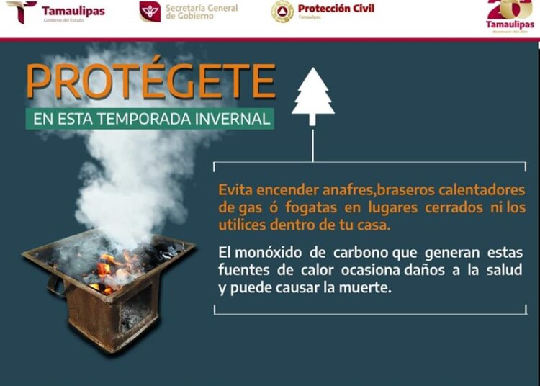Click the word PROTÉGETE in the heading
pyautogui.click(x=150, y=81)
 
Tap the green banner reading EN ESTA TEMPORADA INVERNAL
pyautogui.click(x=150, y=118)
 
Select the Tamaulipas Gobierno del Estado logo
pyautogui.click(x=22, y=12)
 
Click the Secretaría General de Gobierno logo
pyautogui.click(x=150, y=12)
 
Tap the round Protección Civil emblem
pyautogui.click(x=282, y=12)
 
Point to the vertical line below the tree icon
pyautogui.click(x=313, y=144)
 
